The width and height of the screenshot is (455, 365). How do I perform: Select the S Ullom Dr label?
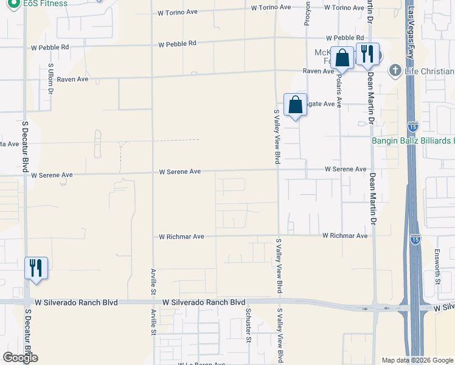[x=50, y=80]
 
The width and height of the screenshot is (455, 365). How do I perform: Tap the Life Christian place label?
[x=429, y=71]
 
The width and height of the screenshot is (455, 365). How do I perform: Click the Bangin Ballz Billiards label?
[x=413, y=141]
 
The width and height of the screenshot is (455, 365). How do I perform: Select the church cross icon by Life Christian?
[x=395, y=71]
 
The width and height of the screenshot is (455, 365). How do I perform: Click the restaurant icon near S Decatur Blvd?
[x=36, y=268]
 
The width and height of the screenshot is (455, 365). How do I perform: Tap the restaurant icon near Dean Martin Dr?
[x=367, y=54]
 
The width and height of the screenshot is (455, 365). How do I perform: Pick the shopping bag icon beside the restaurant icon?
[x=342, y=58]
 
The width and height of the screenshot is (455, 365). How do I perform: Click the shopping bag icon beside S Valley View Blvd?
[x=295, y=105]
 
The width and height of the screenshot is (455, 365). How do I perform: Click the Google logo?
[x=20, y=358]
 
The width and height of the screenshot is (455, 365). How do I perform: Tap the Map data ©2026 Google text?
[x=417, y=360]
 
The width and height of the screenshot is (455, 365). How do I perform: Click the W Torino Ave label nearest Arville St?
[x=178, y=12]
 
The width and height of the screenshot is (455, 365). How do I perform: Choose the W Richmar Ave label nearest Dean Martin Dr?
[x=345, y=235]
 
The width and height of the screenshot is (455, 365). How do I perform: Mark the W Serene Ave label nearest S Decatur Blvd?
[x=52, y=175]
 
